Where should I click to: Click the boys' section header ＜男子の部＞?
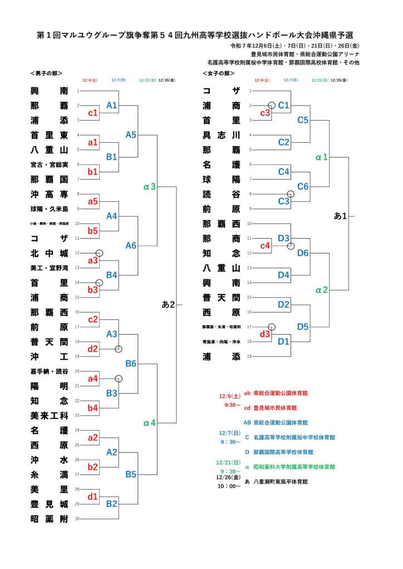(x=46, y=73)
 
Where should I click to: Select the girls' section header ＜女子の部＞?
(x=218, y=73)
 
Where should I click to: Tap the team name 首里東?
(x=49, y=134)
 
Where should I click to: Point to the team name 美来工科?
(x=49, y=415)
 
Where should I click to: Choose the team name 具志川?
(x=221, y=134)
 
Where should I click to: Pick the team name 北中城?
(x=49, y=253)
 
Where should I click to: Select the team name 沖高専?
(x=49, y=194)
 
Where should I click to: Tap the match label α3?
(x=149, y=186)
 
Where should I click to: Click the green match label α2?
(x=321, y=290)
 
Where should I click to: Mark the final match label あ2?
(x=168, y=305)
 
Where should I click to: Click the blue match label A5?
(x=131, y=134)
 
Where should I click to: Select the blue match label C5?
(x=303, y=119)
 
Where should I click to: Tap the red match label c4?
(x=265, y=245)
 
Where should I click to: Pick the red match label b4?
(x=93, y=408)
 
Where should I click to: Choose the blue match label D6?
(x=303, y=253)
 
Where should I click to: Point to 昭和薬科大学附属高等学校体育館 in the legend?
(x=294, y=467)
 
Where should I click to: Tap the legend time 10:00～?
(x=229, y=486)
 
